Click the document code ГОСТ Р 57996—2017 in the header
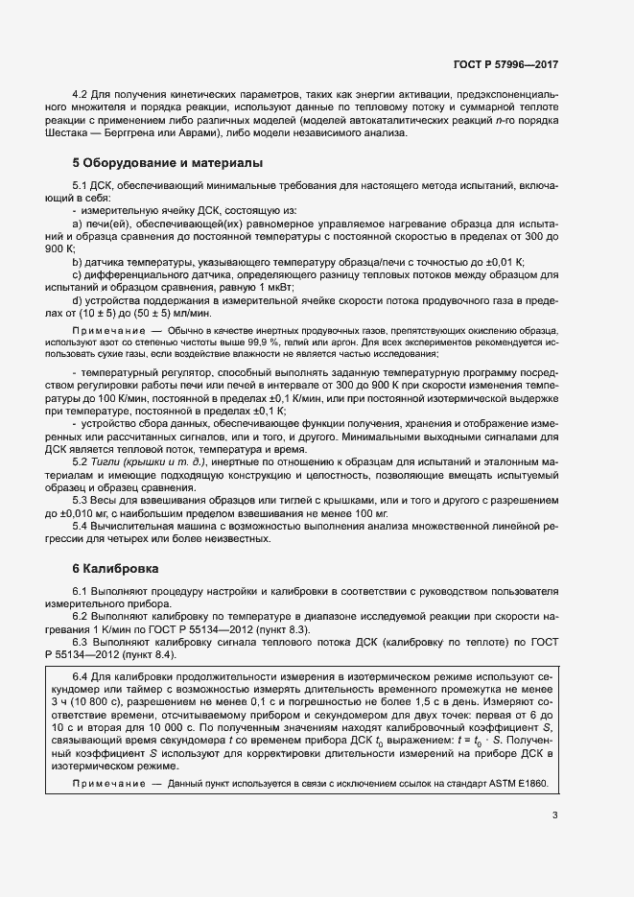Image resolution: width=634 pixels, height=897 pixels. point(505,64)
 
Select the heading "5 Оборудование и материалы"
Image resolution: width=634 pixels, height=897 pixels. point(161,163)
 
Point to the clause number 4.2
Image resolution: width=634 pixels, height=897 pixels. point(81,94)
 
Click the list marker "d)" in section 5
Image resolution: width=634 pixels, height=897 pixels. point(78,300)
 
